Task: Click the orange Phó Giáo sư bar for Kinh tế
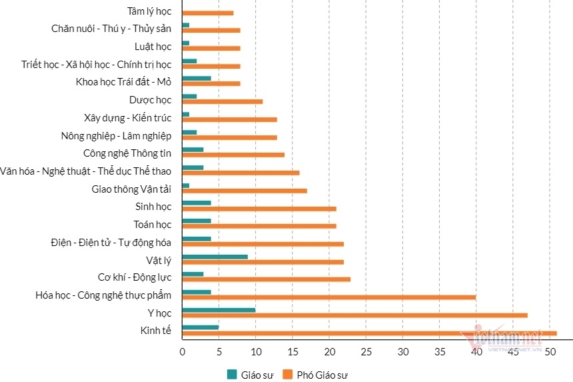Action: (369, 333)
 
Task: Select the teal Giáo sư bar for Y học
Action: (219, 309)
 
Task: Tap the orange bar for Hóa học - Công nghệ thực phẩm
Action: (328, 297)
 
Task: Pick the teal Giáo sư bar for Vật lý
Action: (215, 256)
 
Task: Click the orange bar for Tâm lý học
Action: (207, 13)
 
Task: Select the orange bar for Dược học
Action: (222, 101)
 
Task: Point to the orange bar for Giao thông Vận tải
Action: (244, 191)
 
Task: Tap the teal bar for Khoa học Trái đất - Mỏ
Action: (197, 78)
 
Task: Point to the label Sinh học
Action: (153, 207)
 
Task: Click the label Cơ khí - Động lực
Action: (135, 277)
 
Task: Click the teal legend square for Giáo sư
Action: (232, 374)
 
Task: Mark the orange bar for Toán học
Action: (259, 226)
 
